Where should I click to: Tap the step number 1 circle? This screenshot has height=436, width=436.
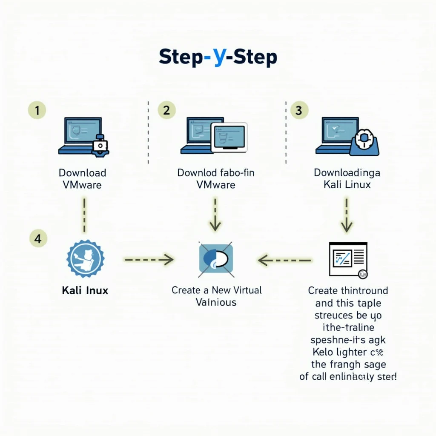coord(37,111)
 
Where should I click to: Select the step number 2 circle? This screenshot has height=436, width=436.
coord(166,111)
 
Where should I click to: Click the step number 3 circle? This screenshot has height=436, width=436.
coord(298,111)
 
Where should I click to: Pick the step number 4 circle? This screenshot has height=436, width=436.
coord(37,239)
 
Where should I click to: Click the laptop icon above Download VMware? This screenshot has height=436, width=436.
coord(83,136)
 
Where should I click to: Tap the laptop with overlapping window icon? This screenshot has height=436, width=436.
coord(213,136)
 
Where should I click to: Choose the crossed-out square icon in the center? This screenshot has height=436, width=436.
coord(216,258)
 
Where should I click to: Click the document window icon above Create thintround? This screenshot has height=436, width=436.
coord(348,259)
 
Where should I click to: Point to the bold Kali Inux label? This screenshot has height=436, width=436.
coord(85,291)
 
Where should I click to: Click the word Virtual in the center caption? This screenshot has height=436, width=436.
coord(243,290)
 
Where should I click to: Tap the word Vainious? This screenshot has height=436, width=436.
coord(216,302)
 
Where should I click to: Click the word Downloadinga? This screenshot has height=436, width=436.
coord(347,173)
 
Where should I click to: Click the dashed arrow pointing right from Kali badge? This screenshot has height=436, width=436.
coord(149,258)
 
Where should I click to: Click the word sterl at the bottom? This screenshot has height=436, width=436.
coord(385,377)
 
